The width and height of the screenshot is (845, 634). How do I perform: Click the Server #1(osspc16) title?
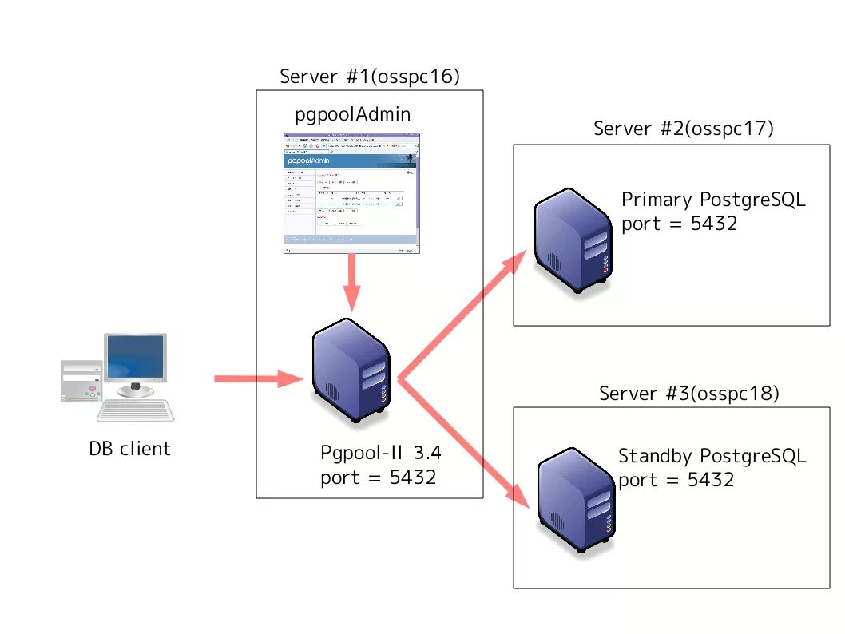click(x=370, y=77)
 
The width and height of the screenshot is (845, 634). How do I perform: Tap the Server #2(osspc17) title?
click(x=684, y=129)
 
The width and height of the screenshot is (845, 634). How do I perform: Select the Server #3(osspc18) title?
click(x=688, y=393)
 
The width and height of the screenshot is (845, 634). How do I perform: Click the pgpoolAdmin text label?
click(x=352, y=114)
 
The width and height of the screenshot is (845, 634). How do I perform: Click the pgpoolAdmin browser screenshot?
click(x=351, y=193)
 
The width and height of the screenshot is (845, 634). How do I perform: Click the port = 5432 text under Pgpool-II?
click(x=378, y=477)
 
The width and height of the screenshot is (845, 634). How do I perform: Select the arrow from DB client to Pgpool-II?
click(x=256, y=379)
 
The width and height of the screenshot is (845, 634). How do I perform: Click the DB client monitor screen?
click(x=136, y=356)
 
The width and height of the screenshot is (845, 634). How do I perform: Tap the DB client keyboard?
click(x=137, y=410)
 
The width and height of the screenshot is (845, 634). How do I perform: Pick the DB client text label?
click(x=129, y=449)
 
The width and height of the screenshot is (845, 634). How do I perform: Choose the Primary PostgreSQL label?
click(x=713, y=200)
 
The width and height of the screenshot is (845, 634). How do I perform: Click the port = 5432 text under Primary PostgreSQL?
click(x=679, y=224)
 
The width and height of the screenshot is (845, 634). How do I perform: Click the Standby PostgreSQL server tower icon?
click(x=575, y=504)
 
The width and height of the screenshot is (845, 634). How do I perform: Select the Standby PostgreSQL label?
click(x=712, y=456)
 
